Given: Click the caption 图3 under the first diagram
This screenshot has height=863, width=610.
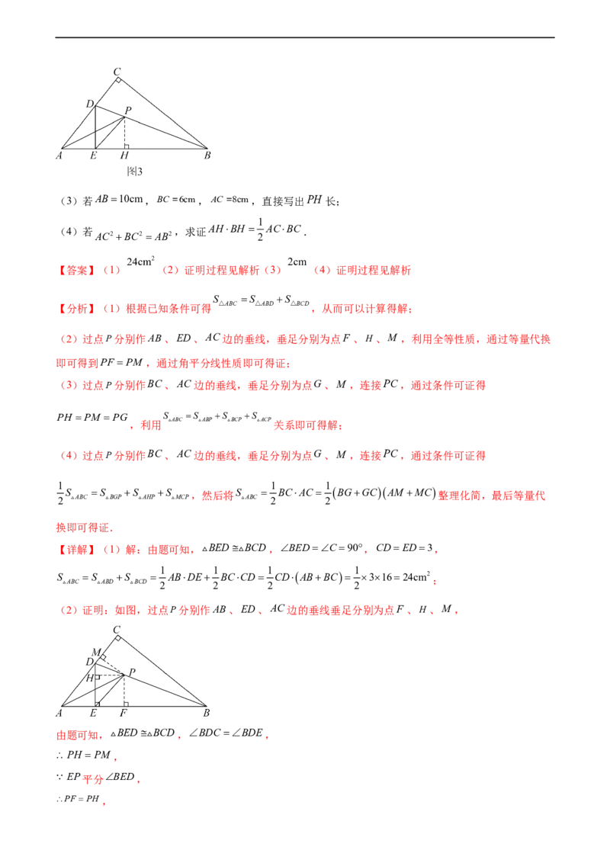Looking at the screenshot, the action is tap(135, 172).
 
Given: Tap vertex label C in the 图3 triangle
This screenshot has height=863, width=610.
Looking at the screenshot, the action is tap(117, 72).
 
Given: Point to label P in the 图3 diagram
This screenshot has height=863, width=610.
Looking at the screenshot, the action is tap(128, 110).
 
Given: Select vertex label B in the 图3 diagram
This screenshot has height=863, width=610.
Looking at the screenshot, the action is tap(207, 156).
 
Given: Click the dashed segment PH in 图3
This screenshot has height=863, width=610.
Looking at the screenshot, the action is tap(124, 133).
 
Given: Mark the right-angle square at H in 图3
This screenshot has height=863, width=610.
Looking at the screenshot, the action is tap(127, 146).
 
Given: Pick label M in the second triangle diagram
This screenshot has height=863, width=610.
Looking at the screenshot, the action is tap(96, 652).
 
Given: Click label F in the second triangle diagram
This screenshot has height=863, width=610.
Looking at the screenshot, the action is tap(124, 713).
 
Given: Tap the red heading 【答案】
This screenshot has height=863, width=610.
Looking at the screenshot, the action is tap(76, 270).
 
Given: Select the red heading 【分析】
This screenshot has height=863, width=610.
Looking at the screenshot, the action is tap(76, 309).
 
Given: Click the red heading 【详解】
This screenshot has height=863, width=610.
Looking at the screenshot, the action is tap(76, 549).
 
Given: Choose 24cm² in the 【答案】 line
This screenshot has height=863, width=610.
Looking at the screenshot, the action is tap(140, 261).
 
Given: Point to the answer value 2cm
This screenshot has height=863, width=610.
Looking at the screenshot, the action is tap(297, 262).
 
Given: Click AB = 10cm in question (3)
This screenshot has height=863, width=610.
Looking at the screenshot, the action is tap(119, 199).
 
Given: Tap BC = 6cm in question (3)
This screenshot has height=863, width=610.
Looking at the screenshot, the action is tap(176, 199).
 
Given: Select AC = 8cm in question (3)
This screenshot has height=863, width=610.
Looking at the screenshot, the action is tap(230, 199).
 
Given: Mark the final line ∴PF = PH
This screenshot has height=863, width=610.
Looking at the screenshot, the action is tap(79, 799).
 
